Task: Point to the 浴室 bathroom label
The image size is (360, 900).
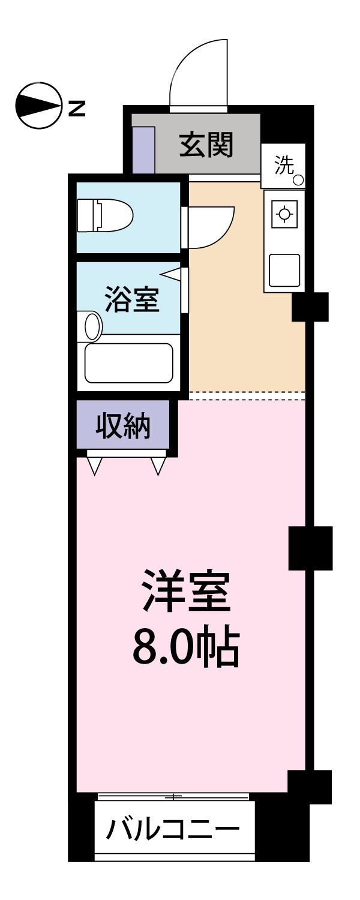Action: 132,299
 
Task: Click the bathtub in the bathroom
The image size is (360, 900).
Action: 129,362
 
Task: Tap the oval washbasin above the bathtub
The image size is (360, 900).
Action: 92,325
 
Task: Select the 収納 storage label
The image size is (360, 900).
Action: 124,427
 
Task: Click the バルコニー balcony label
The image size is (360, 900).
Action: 172,830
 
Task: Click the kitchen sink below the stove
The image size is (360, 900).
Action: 284,270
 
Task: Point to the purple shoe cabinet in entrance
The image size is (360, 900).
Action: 143,148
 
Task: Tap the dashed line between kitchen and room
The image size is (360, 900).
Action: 246,395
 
